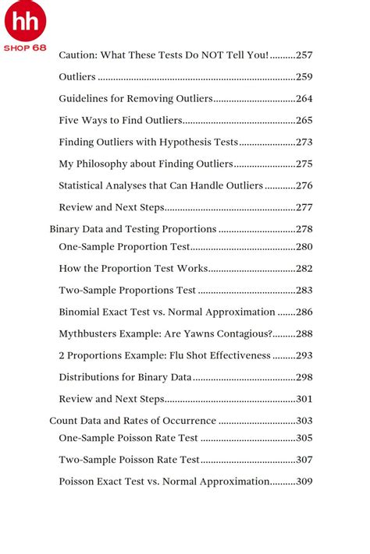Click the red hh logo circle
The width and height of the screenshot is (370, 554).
tap(26, 21)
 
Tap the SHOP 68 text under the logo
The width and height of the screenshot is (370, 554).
tap(26, 47)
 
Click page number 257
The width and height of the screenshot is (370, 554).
tap(304, 55)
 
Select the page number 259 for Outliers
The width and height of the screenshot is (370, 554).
tap(304, 77)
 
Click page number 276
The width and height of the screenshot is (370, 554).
tap(304, 185)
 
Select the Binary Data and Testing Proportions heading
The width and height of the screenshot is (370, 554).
tap(133, 229)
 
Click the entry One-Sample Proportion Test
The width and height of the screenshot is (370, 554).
tap(124, 247)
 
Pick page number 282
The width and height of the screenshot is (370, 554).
tap(304, 269)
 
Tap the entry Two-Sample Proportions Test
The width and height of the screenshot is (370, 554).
tap(127, 291)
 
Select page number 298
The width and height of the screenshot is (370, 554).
tap(304, 377)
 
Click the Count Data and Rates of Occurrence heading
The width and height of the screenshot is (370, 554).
tap(133, 421)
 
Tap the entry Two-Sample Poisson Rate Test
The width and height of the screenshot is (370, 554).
tap(130, 460)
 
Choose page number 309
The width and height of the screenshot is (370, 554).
tap(304, 482)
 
